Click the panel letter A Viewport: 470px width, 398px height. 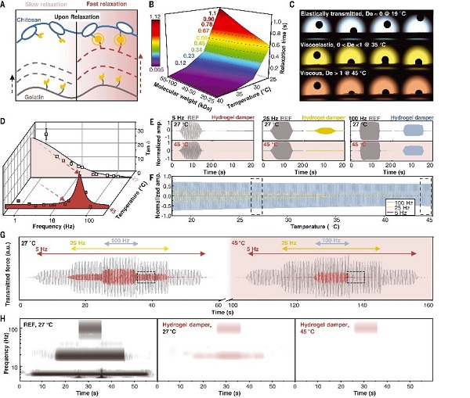pyautogui.click(x=4, y=5)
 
